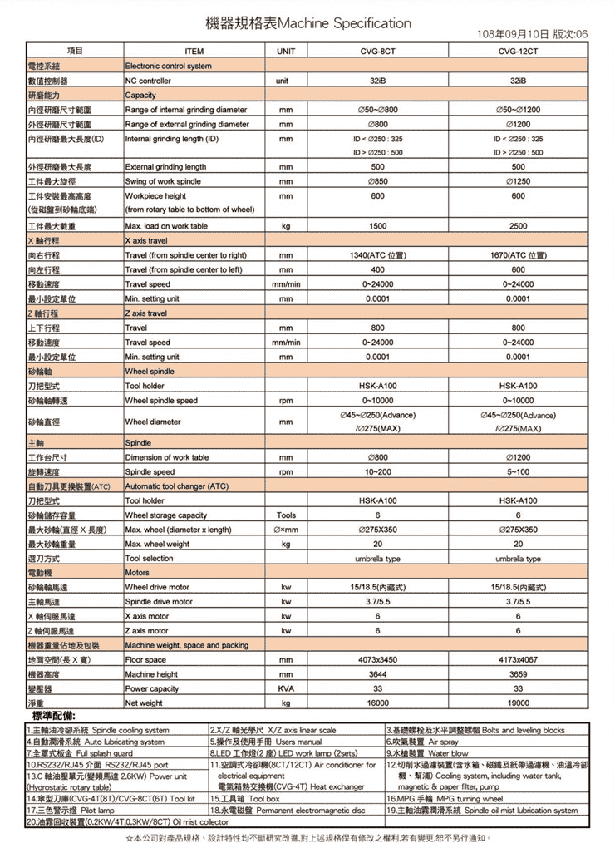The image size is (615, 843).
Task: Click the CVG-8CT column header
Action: pyautogui.click(x=378, y=52)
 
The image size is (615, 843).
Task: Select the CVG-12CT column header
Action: pyautogui.click(x=519, y=52)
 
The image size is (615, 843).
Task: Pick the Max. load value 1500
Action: pyautogui.click(x=378, y=226)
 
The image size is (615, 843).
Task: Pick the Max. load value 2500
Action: pyautogui.click(x=519, y=226)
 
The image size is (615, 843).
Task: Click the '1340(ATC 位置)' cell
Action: pyautogui.click(x=378, y=255)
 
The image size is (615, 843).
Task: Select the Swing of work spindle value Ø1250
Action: pyautogui.click(x=519, y=181)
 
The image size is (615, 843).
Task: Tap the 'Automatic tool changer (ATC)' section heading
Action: pyautogui.click(x=175, y=486)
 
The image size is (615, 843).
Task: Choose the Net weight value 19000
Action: pyautogui.click(x=519, y=703)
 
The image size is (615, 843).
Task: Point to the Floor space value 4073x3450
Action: pyautogui.click(x=378, y=659)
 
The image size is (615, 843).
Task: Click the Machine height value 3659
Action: pyautogui.click(x=519, y=674)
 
